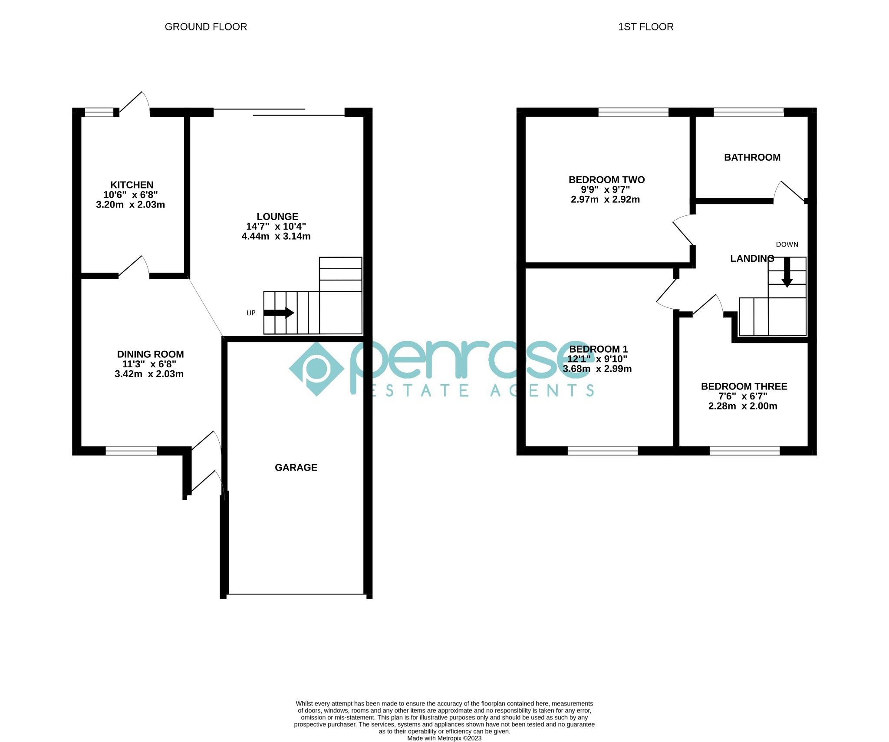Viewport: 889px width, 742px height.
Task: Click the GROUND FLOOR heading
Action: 206,27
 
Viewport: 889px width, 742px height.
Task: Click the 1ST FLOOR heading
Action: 645,27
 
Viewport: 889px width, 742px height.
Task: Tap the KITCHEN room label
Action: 132,185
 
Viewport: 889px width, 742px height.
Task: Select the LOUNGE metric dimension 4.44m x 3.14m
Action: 276,237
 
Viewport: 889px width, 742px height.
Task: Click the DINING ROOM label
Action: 150,354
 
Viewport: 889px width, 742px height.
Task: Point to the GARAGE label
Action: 296,468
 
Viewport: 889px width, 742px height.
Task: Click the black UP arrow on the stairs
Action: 279,313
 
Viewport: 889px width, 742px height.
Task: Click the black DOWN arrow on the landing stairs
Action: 787,273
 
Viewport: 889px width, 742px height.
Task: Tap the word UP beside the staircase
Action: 251,313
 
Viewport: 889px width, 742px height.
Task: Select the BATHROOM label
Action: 752,158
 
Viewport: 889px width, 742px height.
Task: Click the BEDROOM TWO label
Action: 606,180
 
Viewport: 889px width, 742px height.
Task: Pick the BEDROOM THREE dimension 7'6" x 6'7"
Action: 743,396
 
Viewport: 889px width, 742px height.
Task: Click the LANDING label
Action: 752,259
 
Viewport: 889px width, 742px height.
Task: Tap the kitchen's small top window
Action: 99,112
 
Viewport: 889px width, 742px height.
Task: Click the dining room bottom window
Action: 131,451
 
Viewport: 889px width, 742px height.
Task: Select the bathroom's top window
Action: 748,112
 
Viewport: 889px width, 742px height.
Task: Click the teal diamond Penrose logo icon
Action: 316,369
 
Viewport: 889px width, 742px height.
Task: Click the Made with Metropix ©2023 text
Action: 444,738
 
